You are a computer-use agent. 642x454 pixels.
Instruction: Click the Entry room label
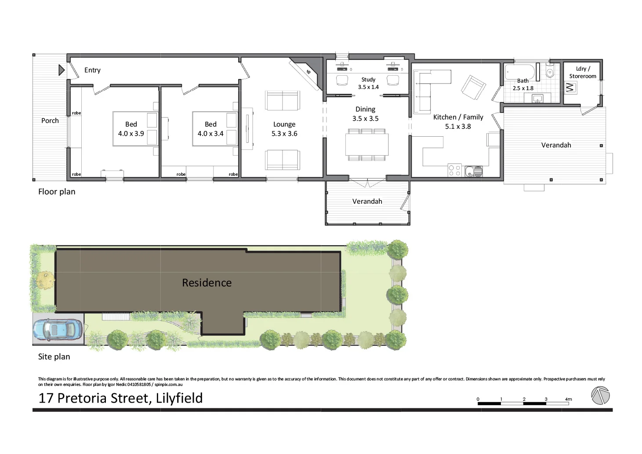[92, 70]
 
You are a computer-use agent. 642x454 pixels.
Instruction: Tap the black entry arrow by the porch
[62, 70]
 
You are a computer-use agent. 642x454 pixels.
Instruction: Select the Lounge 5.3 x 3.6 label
[284, 129]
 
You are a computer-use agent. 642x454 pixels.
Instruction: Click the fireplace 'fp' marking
[308, 72]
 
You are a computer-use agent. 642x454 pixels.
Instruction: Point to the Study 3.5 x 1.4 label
[368, 83]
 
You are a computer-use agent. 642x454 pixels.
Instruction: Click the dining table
[367, 144]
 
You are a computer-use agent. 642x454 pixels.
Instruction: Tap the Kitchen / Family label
[458, 117]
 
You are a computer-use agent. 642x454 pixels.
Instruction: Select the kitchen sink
[474, 171]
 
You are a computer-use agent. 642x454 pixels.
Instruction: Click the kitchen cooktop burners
[454, 171]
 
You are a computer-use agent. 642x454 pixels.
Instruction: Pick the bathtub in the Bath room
[519, 72]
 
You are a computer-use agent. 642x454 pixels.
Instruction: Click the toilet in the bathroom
[549, 72]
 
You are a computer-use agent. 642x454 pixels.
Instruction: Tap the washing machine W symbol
[570, 87]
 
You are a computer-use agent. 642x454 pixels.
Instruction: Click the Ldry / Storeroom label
[583, 72]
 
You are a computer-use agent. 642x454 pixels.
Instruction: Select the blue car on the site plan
[58, 329]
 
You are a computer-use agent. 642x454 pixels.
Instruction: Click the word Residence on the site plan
[207, 283]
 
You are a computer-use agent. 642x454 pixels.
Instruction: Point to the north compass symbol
[600, 396]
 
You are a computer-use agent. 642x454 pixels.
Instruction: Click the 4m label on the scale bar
[569, 399]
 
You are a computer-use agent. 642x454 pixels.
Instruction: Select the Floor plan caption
[57, 192]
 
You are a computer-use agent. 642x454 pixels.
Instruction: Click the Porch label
[50, 120]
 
